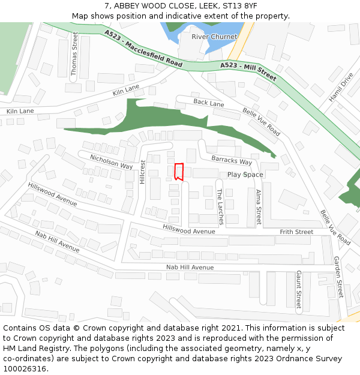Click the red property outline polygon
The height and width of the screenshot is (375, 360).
178,172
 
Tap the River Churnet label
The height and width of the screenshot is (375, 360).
214,37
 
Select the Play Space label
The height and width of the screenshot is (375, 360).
245,175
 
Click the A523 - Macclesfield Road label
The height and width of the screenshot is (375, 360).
143,48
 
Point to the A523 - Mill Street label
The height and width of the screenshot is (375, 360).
248,71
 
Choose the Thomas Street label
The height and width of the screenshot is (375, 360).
74,53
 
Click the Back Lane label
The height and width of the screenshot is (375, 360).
208,103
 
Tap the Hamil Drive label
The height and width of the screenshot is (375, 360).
341,88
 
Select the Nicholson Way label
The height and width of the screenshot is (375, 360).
111,161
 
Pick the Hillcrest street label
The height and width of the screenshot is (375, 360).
142,172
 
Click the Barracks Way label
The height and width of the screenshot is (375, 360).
232,161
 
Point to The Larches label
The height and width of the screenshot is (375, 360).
220,206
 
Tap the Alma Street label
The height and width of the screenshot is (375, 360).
258,207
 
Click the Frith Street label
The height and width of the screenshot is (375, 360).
296,232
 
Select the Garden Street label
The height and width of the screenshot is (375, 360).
338,277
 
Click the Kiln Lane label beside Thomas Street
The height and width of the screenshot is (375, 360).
125,90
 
